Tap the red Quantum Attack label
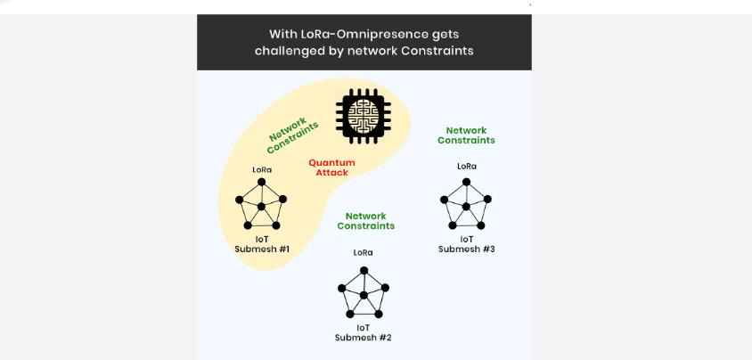coord(331,168)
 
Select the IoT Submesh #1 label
coord(262,243)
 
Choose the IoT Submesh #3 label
coord(466,243)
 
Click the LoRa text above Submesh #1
coord(262,169)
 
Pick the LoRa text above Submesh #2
coord(364,252)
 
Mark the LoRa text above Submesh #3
coord(466,166)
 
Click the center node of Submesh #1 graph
coord(262,207)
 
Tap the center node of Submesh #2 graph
coord(364,294)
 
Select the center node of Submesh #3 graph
coord(466,206)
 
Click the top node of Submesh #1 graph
coord(262,183)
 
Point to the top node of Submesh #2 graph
coord(364,268)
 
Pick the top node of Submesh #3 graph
coord(466,181)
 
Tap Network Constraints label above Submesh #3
coord(466,135)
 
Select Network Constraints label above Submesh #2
coord(365,221)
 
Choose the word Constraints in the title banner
coord(436,51)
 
